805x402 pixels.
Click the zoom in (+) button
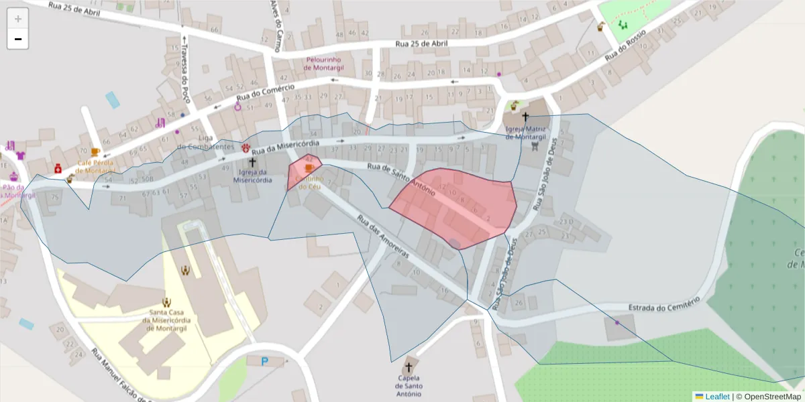[18, 19]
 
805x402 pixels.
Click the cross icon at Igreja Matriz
[525, 117]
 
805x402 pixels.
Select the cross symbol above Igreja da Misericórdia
[253, 162]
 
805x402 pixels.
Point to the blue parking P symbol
[265, 361]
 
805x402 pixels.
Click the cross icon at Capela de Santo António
[408, 367]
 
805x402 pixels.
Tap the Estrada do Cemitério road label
[664, 303]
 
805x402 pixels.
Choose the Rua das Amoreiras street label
[383, 237]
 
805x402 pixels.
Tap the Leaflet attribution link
[717, 397]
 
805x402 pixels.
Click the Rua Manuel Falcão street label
[119, 375]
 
